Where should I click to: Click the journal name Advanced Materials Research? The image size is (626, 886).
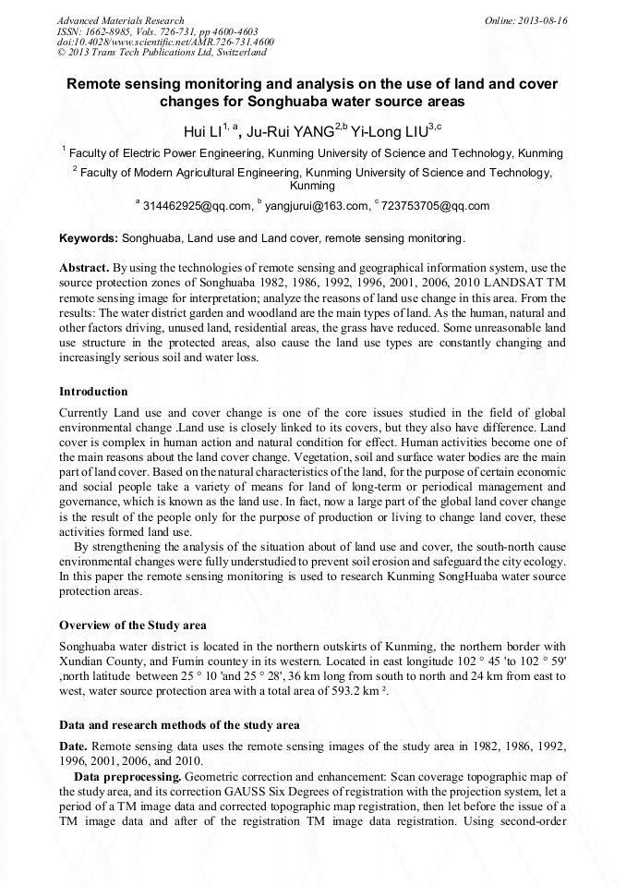pos(120,20)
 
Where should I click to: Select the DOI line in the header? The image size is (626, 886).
pos(165,42)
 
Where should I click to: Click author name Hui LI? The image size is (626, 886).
pos(204,132)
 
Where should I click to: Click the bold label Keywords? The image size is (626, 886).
pos(89,237)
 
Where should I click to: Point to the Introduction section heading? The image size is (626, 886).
pos(93,392)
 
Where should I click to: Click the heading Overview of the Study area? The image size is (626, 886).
pos(133,625)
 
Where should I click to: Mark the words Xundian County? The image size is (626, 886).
pos(100,661)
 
